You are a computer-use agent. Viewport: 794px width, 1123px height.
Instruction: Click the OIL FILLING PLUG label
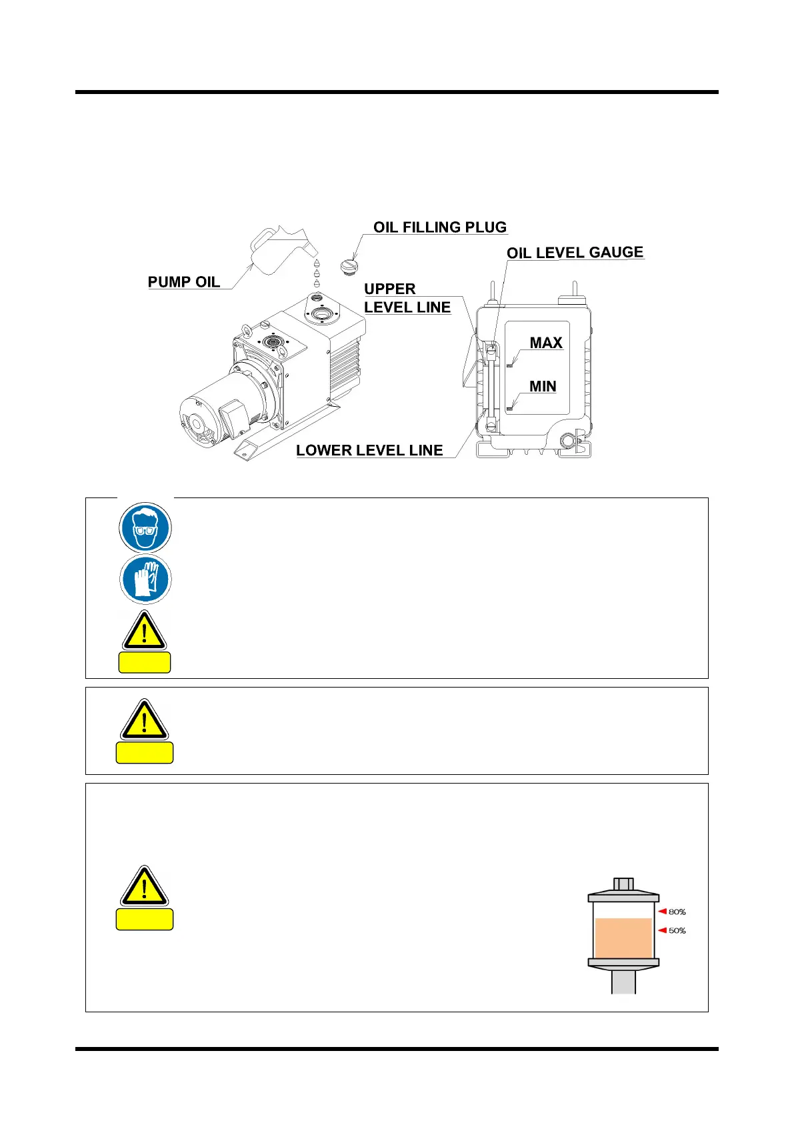point(439,227)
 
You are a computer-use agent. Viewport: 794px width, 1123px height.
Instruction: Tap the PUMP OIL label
point(184,282)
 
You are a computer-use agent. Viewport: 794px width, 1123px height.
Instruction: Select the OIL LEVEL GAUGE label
point(575,253)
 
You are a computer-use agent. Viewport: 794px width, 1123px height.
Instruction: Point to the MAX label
point(546,343)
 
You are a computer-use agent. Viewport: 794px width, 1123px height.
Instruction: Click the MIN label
point(543,387)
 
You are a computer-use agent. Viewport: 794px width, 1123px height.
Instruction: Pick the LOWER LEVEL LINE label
point(369,451)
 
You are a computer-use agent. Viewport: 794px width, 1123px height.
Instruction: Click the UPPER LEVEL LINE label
point(407,298)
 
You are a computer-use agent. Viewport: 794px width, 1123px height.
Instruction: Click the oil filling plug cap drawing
point(349,267)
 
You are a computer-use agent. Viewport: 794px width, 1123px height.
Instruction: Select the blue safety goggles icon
point(145,527)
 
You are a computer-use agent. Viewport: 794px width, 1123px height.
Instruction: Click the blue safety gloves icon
point(145,580)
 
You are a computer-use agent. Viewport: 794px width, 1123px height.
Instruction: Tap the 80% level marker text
point(677,912)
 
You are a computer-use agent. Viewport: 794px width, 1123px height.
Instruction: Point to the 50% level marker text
point(677,931)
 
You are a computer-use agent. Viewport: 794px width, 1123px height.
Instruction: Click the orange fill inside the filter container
point(623,938)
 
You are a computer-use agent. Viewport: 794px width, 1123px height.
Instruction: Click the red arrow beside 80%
point(662,911)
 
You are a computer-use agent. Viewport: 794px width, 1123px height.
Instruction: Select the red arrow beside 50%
point(662,930)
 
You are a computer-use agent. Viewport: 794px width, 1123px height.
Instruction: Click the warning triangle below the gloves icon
point(144,630)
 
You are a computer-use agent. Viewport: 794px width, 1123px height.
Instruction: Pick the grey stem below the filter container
point(623,981)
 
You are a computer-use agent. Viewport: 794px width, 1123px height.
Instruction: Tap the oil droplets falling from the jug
point(317,273)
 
